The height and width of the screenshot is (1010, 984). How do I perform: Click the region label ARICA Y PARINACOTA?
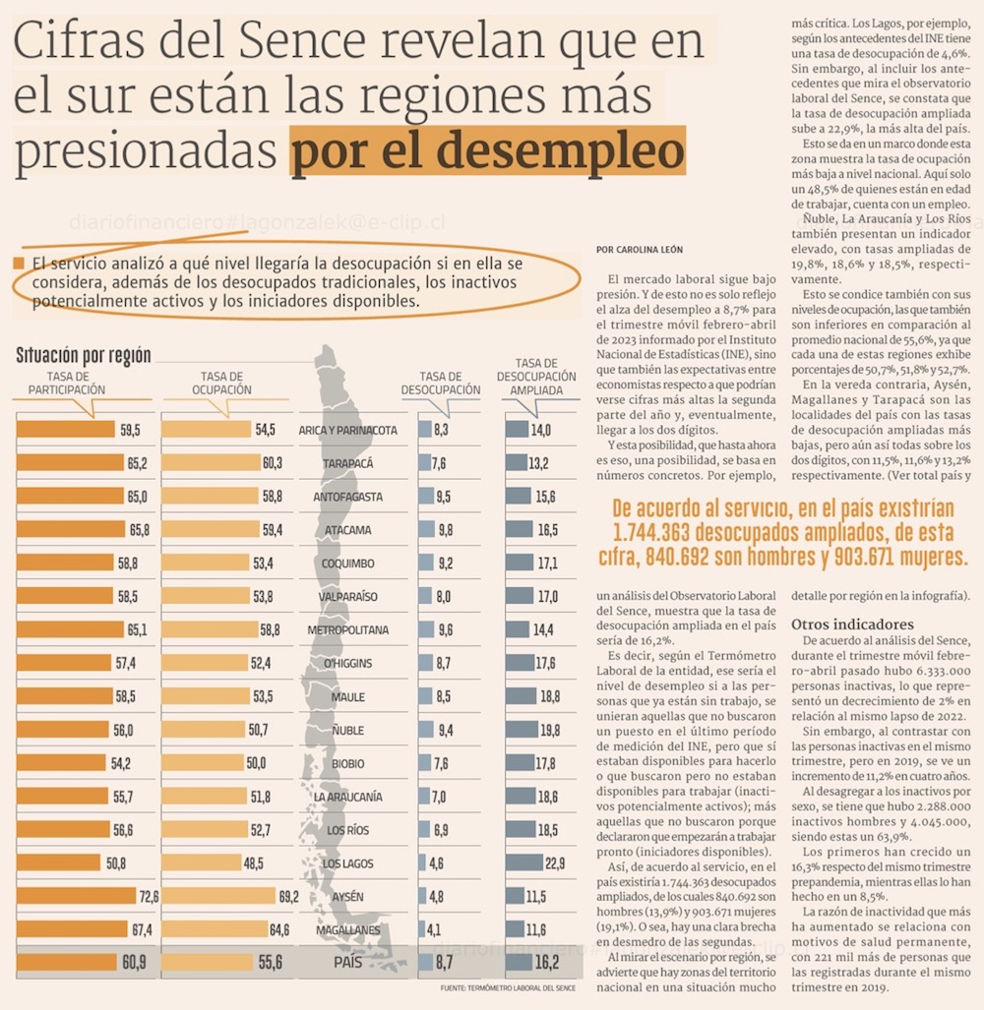[x=347, y=431]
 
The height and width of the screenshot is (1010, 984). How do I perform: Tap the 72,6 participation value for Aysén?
[x=150, y=896]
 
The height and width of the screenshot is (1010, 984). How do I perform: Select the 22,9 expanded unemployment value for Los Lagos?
[x=554, y=863]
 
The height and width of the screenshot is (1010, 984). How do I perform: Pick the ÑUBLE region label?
[x=347, y=730]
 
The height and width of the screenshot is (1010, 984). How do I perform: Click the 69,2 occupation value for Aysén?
[x=288, y=896]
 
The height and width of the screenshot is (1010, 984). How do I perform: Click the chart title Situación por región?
[x=84, y=355]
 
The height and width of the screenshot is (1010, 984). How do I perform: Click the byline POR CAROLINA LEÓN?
[x=639, y=250]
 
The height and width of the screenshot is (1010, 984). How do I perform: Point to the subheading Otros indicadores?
[x=853, y=624]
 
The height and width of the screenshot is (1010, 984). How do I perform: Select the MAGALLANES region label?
[x=347, y=929]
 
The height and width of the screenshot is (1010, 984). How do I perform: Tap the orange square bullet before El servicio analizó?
[x=19, y=264]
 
